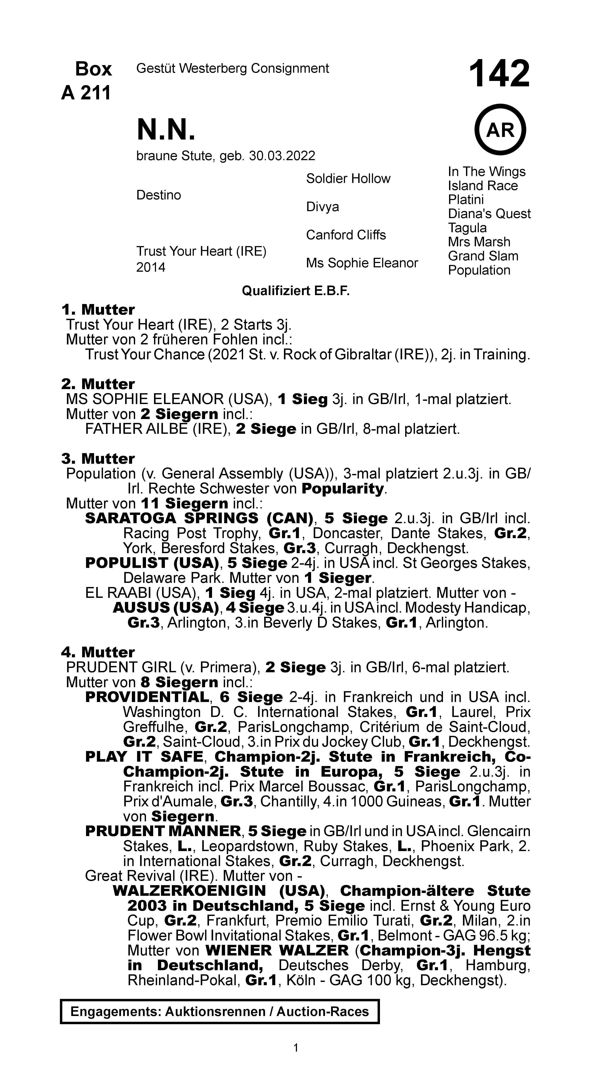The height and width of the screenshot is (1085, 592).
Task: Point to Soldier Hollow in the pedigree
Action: click(348, 179)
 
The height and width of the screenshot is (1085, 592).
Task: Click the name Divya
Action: click(323, 207)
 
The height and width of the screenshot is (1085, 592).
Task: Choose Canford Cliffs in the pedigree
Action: click(346, 235)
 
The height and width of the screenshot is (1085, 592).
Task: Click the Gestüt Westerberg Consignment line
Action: click(232, 68)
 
